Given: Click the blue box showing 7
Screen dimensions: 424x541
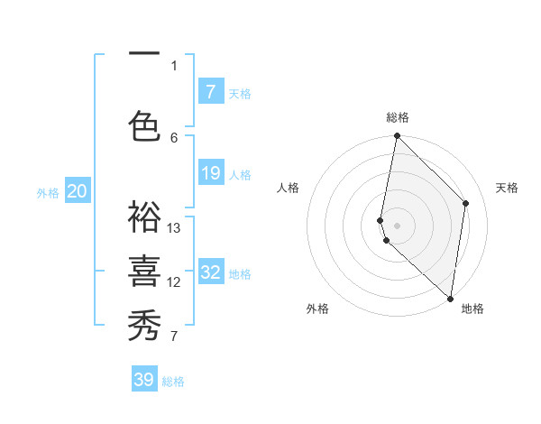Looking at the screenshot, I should click(x=210, y=91).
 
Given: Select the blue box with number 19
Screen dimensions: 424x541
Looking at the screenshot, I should click(x=210, y=173).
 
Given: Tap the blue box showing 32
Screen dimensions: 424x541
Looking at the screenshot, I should click(x=210, y=272).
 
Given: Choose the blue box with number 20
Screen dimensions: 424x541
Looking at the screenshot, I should click(x=78, y=191).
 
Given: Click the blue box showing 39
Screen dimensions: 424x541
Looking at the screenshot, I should click(x=144, y=380).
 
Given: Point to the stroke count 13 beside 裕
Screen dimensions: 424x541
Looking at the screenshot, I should click(x=174, y=228).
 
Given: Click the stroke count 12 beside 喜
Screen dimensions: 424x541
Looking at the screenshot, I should click(x=174, y=282).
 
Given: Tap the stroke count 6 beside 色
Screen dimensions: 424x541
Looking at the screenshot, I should click(x=174, y=137).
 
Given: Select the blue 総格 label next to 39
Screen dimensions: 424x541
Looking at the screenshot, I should click(x=173, y=382).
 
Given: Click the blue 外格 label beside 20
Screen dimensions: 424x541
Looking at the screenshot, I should click(x=48, y=192).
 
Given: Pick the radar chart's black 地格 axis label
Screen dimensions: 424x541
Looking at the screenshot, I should click(x=472, y=309).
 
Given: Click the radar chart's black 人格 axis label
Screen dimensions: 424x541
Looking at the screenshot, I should click(x=289, y=188).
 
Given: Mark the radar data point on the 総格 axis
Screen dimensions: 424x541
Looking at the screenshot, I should click(x=397, y=136).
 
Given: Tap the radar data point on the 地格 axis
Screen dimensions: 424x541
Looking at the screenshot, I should click(x=450, y=299).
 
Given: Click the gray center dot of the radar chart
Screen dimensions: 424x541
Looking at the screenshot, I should click(x=397, y=225).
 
